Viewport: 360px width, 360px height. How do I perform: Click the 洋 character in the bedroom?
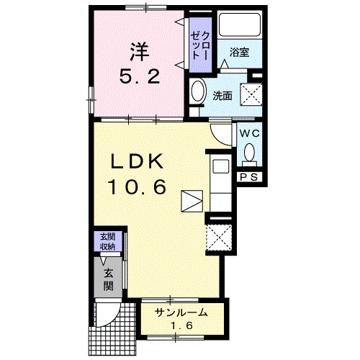140,52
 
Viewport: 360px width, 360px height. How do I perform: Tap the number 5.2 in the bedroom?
140,76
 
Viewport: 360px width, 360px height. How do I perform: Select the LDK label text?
137,161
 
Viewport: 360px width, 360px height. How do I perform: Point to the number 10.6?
137,187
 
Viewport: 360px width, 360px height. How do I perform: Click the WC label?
250,133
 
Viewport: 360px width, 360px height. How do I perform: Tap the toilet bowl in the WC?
250,153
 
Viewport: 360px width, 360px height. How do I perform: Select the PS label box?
249,177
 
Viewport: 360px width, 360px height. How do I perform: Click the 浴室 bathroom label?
239,52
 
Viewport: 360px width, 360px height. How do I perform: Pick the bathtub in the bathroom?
240,24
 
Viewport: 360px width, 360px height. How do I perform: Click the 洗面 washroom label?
222,96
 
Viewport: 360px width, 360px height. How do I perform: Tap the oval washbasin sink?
198,91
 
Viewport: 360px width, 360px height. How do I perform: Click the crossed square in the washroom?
251,94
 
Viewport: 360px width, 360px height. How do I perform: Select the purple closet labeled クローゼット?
200,45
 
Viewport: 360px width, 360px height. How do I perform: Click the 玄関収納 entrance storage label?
108,241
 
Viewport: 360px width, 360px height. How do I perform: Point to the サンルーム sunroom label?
181,312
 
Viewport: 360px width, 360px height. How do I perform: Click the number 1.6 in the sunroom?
181,325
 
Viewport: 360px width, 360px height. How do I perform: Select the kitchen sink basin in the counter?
221,166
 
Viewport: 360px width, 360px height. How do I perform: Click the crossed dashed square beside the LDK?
219,238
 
